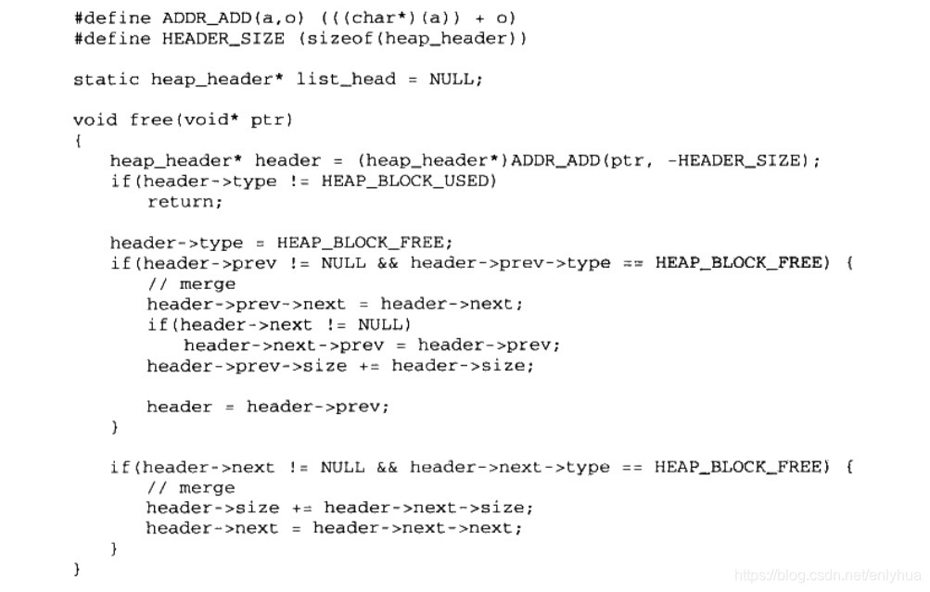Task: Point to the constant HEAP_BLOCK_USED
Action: (x=409, y=181)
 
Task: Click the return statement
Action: (x=185, y=201)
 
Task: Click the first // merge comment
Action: (x=191, y=283)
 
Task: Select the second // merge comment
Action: (x=191, y=487)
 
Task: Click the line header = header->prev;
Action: (x=268, y=406)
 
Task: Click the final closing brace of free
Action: (x=78, y=569)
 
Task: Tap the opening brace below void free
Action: (x=78, y=141)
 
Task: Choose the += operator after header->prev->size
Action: (x=369, y=365)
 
